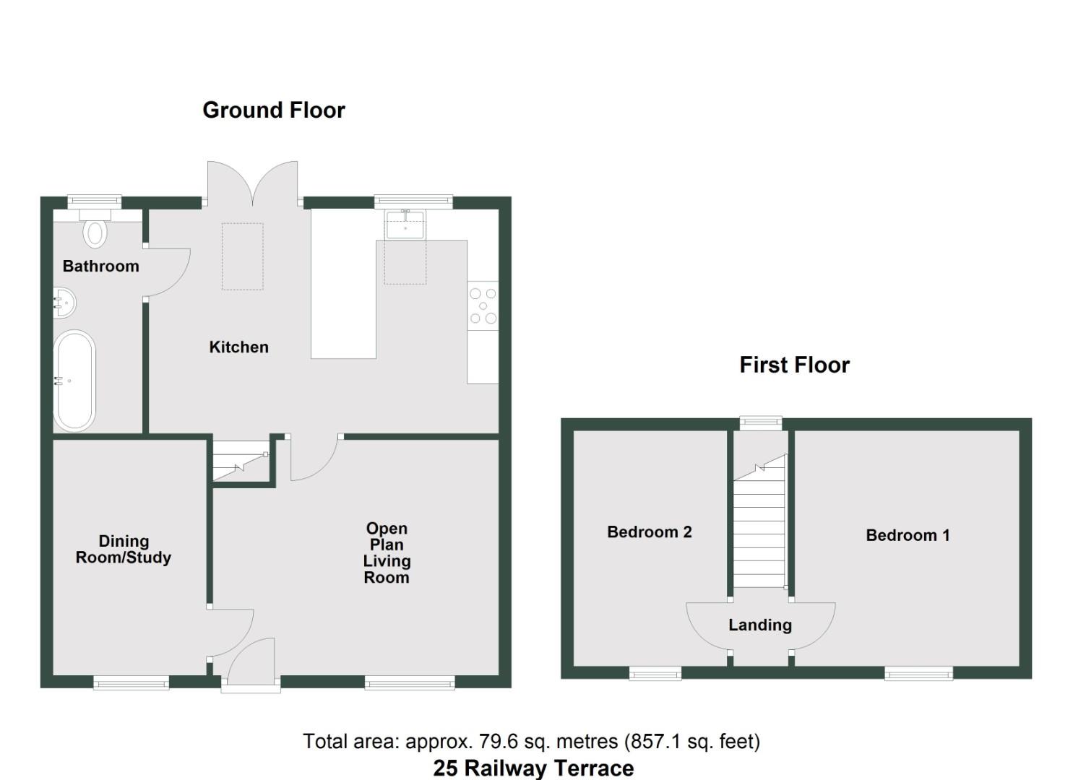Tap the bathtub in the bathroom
[x=74, y=381]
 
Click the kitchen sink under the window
[x=405, y=225]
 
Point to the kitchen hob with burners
[x=483, y=305]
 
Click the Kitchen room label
[x=238, y=347]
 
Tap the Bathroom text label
[x=100, y=266]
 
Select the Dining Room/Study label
[x=124, y=550]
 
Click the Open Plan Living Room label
[x=387, y=553]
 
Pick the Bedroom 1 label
[x=908, y=535]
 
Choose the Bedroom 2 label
[x=649, y=532]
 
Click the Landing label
[x=759, y=625]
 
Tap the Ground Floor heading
[x=274, y=110]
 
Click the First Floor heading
[x=794, y=365]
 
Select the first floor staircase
[x=759, y=527]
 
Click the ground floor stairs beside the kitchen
[x=241, y=461]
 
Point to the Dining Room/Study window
[x=131, y=682]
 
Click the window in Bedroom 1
[x=918, y=674]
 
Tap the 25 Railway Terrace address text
[x=533, y=768]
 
